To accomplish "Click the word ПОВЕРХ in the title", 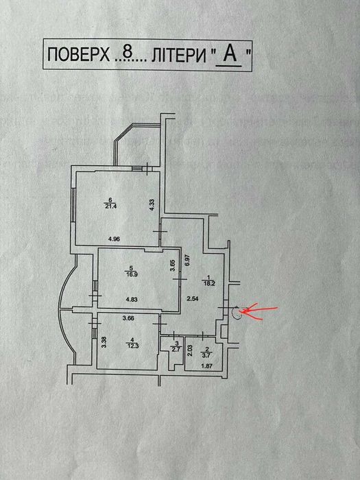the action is pyautogui.click(x=78, y=56).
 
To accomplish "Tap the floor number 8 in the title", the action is pyautogui.click(x=127, y=54).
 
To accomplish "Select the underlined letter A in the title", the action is pyautogui.click(x=230, y=54).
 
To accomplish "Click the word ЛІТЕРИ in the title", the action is pyautogui.click(x=179, y=56).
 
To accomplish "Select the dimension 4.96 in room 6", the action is pyautogui.click(x=115, y=239).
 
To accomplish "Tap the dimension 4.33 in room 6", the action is pyautogui.click(x=152, y=205).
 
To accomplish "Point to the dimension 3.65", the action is pyautogui.click(x=173, y=265).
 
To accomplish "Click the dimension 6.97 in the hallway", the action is pyautogui.click(x=188, y=260).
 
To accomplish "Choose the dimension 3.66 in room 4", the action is pyautogui.click(x=128, y=318).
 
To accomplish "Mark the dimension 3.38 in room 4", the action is pyautogui.click(x=104, y=342).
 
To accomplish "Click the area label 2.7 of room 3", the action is pyautogui.click(x=178, y=348).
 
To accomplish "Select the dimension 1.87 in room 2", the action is pyautogui.click(x=207, y=365).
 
